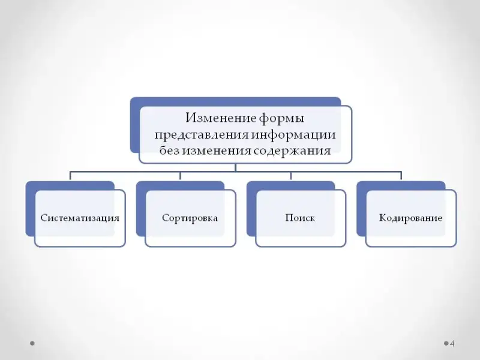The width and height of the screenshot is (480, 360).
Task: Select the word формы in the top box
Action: (283, 116)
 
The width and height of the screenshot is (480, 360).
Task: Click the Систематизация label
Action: (80, 218)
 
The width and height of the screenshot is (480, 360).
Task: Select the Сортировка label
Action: (190, 218)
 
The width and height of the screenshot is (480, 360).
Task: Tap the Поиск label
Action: (300, 218)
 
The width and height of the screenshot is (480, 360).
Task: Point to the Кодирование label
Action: (410, 218)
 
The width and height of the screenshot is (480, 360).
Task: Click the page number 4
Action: (452, 344)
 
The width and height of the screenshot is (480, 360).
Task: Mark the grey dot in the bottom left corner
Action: (32, 344)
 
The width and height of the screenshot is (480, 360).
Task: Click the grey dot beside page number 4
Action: (446, 344)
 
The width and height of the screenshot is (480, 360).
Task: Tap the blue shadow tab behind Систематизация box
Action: (30, 210)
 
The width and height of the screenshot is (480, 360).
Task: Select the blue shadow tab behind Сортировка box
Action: (140, 210)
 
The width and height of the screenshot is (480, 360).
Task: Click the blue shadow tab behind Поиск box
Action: (251, 210)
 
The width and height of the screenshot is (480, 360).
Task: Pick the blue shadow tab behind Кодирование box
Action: (361, 210)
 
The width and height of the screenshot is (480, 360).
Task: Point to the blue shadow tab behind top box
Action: (134, 126)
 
